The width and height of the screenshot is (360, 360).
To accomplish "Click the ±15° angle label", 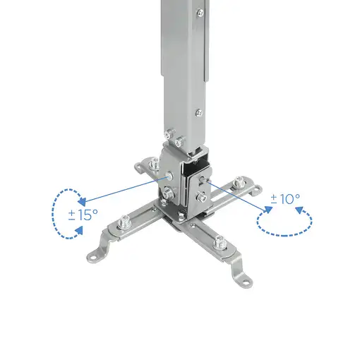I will click(x=83, y=215).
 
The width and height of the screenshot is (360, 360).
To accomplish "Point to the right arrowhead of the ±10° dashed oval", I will click(x=299, y=210).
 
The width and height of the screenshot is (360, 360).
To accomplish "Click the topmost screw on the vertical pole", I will click(x=200, y=12).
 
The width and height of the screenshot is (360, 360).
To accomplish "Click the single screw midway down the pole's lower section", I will click(x=199, y=111).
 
